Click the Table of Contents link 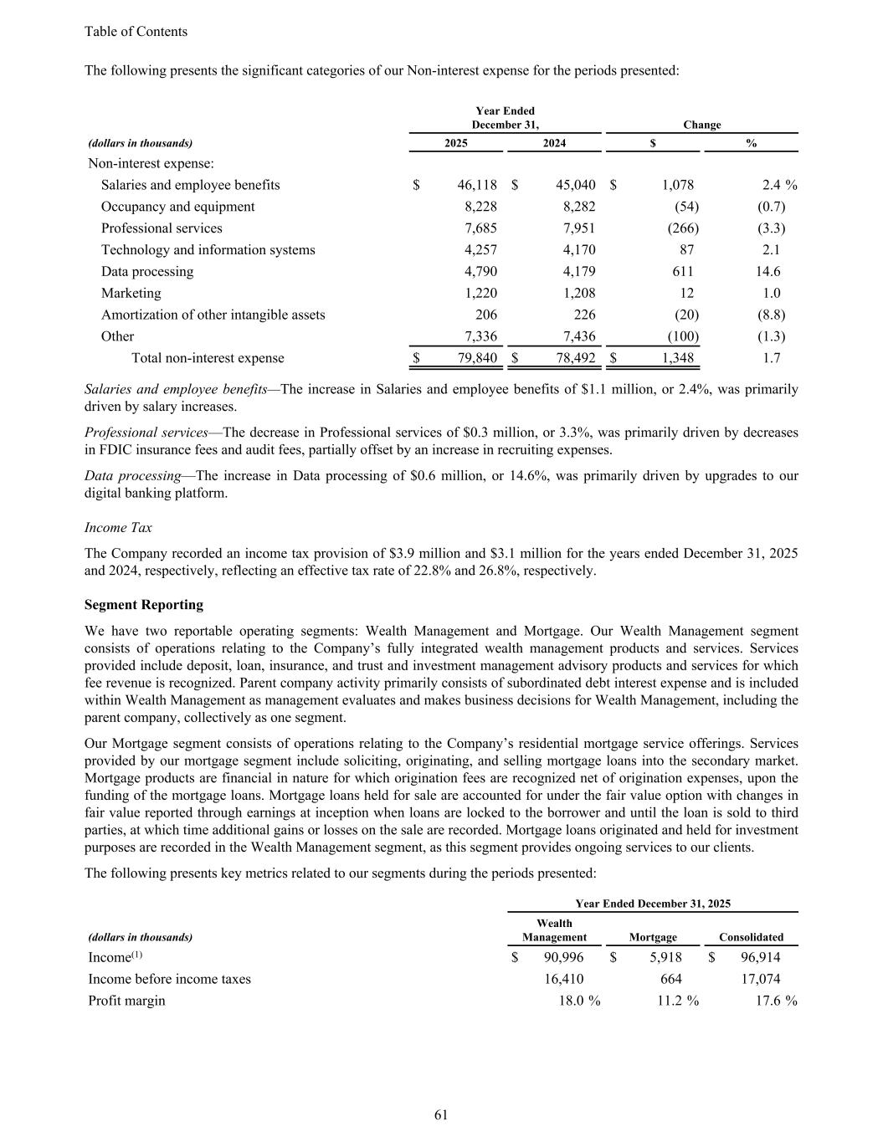point(136,32)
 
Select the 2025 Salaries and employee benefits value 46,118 point(477,185)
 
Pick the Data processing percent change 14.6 point(767,272)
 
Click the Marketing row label point(131,294)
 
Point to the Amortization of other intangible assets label point(213,315)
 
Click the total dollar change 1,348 point(673,358)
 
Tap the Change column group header point(701,125)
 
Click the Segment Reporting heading point(144,605)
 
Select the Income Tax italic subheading point(118,528)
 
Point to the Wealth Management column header point(554,930)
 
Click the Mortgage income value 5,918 point(665,957)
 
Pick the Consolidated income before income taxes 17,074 point(761,979)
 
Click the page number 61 point(441,1114)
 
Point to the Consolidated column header point(751,937)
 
